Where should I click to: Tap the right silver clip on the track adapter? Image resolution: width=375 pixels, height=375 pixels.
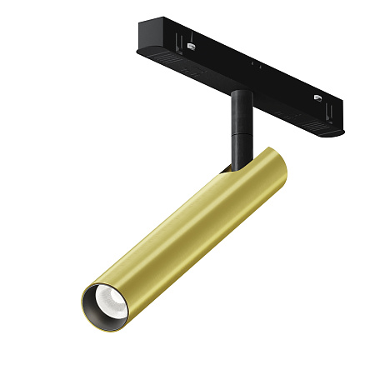tap(317, 97)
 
